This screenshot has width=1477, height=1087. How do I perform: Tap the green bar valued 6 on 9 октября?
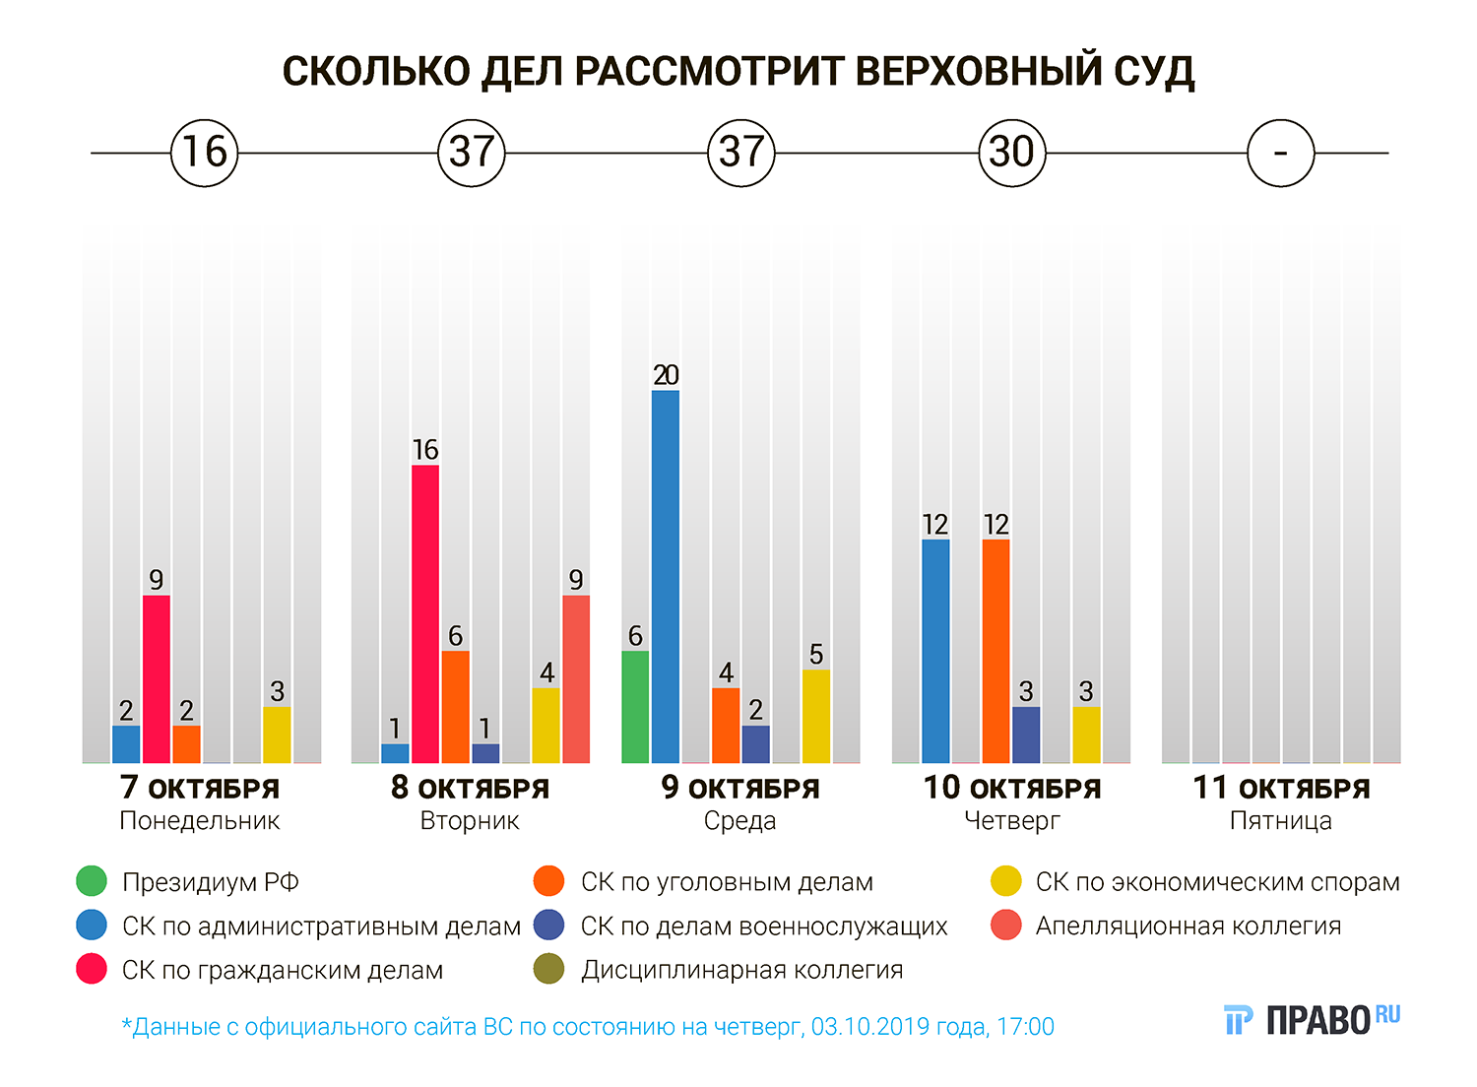[x=635, y=706]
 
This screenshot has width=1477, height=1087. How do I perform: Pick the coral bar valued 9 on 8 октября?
[x=576, y=678]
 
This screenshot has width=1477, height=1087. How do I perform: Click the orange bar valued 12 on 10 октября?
[x=995, y=651]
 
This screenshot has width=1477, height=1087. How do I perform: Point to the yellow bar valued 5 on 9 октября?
[x=816, y=716]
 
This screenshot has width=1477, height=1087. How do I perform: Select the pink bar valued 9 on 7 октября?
[x=157, y=678]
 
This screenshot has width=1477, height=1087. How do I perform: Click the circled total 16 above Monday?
[x=205, y=153]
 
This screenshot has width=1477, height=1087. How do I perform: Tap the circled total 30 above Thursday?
[x=1011, y=153]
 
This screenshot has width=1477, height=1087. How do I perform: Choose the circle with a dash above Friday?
[x=1280, y=153]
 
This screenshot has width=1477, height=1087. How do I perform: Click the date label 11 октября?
[x=1281, y=789]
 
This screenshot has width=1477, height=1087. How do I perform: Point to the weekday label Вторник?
[x=470, y=821]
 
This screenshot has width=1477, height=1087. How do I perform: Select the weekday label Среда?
[x=739, y=821]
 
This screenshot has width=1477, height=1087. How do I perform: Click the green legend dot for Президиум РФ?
[x=92, y=881]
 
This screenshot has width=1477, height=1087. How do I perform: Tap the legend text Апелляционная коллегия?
[x=1188, y=926]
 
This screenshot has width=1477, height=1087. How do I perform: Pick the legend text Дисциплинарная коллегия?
[x=741, y=970]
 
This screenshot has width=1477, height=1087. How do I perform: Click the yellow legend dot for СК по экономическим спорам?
[x=1006, y=881]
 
